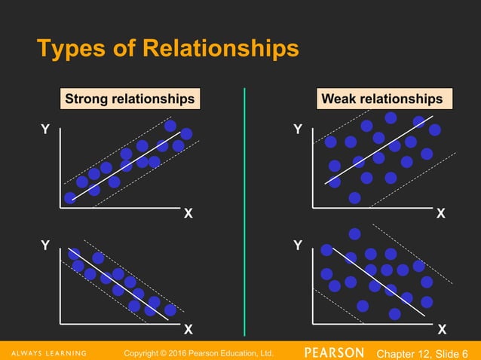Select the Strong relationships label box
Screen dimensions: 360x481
[130, 99]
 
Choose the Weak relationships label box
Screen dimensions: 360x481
[382, 99]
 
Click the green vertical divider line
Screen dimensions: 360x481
[245, 211]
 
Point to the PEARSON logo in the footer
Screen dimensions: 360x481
[335, 352]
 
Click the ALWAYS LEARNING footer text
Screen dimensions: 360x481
[44, 352]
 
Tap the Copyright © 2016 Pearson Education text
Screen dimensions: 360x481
[198, 352]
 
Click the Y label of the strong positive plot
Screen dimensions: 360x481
[45, 130]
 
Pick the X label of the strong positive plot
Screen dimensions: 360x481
[188, 213]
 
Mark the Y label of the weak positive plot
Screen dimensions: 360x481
[298, 130]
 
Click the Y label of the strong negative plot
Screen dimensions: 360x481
[45, 246]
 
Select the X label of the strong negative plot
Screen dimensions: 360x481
[188, 329]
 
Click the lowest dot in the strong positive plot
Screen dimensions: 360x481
[70, 197]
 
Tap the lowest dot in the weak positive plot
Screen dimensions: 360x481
[354, 197]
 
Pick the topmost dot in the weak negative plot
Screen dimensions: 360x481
[354, 233]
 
